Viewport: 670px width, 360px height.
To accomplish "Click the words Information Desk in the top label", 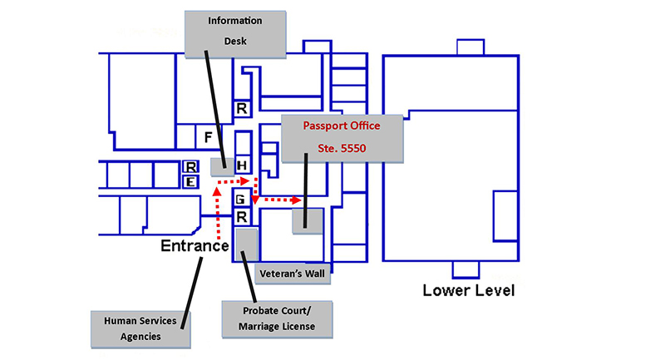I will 235,30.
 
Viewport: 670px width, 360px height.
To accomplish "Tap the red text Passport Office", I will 342,126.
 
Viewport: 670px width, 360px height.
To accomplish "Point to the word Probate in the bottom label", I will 259,310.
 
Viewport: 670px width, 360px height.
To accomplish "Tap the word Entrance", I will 195,245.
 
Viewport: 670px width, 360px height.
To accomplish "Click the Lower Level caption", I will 469,291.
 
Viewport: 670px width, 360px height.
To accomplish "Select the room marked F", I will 209,136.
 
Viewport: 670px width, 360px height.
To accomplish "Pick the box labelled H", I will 243,165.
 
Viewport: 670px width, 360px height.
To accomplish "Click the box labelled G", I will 241,200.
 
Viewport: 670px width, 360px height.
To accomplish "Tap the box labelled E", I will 190,181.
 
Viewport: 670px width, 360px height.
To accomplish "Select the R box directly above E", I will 190,167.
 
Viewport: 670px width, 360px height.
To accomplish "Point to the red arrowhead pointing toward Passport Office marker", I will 297,200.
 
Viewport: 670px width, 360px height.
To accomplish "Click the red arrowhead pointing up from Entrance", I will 217,192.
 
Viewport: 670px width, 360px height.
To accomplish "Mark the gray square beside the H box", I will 220,165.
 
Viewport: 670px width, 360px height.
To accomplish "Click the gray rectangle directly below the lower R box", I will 247,244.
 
